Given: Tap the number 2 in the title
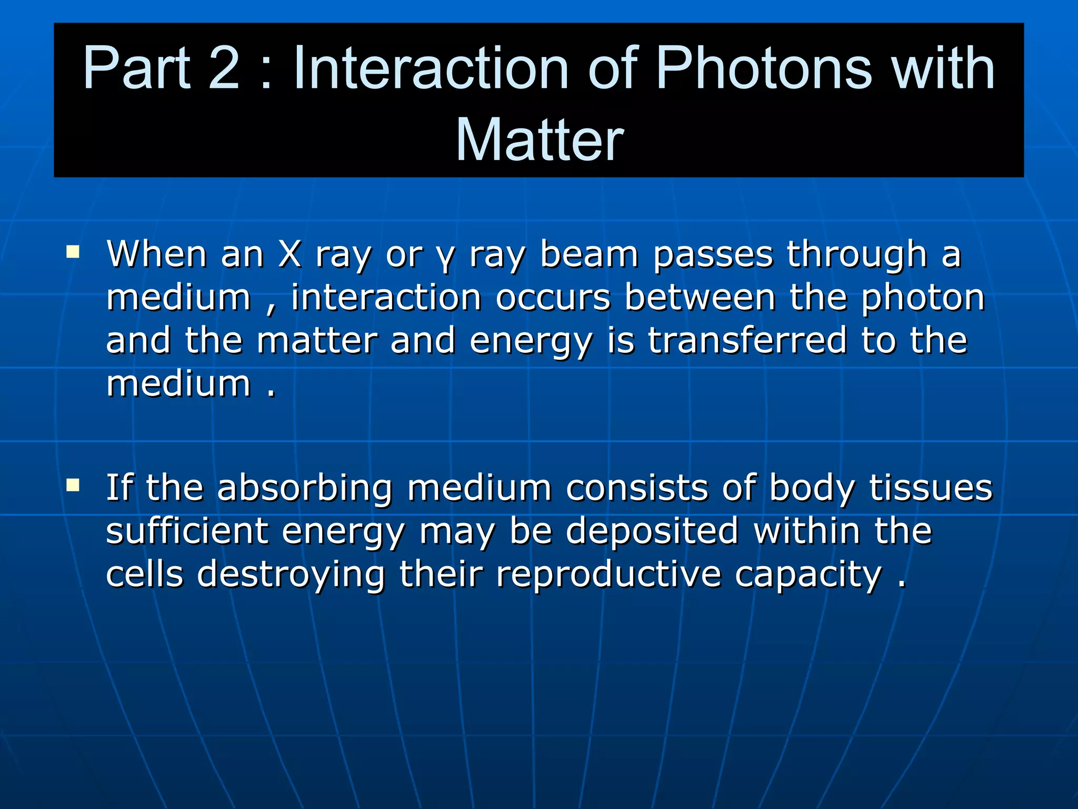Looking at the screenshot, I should pos(224,68).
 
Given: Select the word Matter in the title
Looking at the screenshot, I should pos(539,140).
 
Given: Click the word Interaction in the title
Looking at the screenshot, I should pos(431,68).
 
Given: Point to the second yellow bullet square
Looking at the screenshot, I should pos(73,485).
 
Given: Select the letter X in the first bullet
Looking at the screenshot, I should pos(290,254).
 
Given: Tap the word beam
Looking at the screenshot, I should pos(590,254).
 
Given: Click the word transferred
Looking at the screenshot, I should pos(747,340).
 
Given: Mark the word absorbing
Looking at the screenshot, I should pos(305,488).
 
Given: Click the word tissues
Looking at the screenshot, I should pos(930,488).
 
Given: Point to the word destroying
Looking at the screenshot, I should pos(291,575).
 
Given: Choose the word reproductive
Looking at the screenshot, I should pos(608,575).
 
